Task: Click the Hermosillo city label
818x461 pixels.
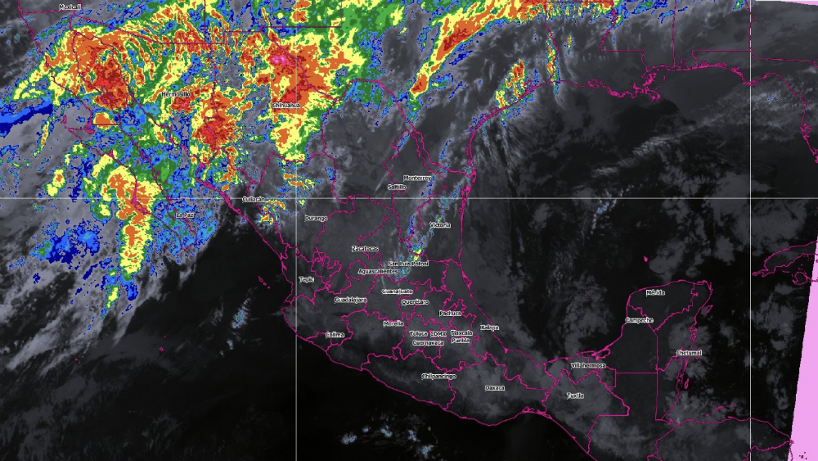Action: click(x=175, y=94)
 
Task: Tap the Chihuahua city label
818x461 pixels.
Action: click(x=285, y=106)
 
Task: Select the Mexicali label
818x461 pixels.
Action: click(x=70, y=6)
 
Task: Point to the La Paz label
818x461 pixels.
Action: click(x=186, y=215)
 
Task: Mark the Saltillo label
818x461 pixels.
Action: click(x=397, y=188)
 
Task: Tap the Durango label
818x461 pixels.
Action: click(x=316, y=219)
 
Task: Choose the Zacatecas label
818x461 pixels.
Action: click(x=365, y=248)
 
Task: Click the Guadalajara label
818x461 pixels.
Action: click(x=351, y=300)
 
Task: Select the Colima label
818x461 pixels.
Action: click(x=335, y=334)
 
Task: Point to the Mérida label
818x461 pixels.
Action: click(x=655, y=292)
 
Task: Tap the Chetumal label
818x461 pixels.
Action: click(x=689, y=353)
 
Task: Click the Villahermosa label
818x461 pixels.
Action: click(x=587, y=364)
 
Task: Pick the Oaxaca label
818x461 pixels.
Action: click(x=494, y=387)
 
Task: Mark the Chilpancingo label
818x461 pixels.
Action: click(x=437, y=376)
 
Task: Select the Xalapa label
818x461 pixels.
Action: click(x=489, y=328)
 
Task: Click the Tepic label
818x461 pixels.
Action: click(x=307, y=279)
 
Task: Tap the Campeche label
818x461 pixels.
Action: click(x=639, y=319)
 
